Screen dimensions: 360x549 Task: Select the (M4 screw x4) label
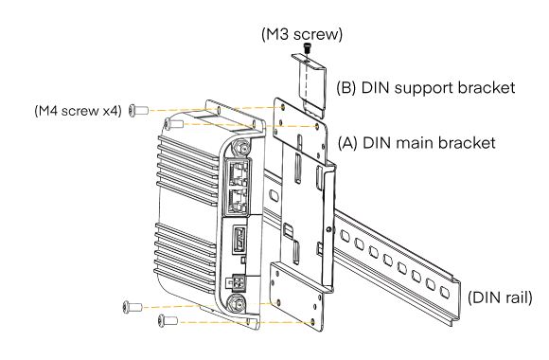(77, 112)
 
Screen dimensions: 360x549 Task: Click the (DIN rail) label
(499, 297)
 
